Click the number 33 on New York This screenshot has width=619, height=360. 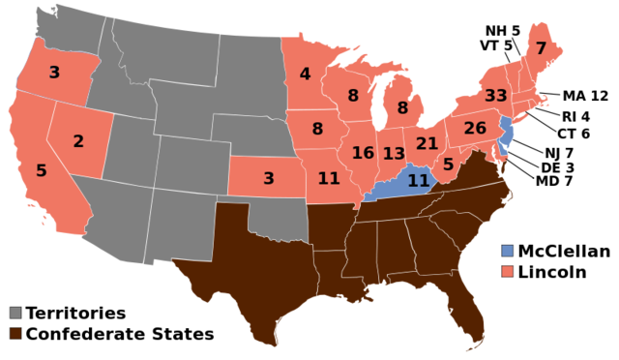[x=495, y=96]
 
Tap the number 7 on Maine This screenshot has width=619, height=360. [x=541, y=48]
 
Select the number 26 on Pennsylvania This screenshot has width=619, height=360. [x=475, y=128]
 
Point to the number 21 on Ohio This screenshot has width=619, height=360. [x=427, y=143]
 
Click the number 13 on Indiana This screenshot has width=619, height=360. [x=394, y=154]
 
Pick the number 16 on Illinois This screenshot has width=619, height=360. [x=363, y=153]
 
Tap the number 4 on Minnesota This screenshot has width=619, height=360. [x=305, y=75]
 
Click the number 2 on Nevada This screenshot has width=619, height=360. [x=78, y=141]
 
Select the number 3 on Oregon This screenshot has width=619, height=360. [x=54, y=73]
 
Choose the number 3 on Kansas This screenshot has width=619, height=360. [x=269, y=178]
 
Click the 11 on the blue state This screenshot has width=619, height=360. [x=418, y=180]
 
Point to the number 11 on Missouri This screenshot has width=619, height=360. [x=329, y=178]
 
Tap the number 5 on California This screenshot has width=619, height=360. [x=42, y=171]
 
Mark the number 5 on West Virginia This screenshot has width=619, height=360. [x=448, y=165]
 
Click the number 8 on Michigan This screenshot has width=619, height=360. [x=402, y=108]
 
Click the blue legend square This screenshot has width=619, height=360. [x=508, y=251]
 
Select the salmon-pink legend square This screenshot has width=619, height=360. [x=508, y=271]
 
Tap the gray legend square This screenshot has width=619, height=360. [x=15, y=313]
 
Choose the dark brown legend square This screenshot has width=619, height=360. [x=15, y=333]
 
